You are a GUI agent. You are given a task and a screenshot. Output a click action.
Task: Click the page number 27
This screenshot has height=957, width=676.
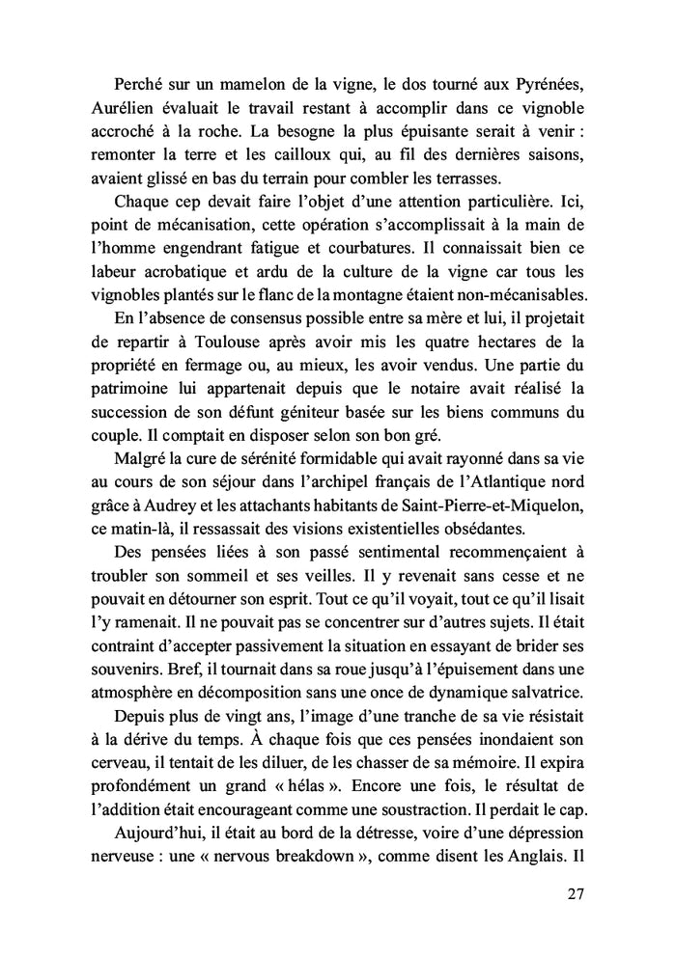[x=575, y=893]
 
